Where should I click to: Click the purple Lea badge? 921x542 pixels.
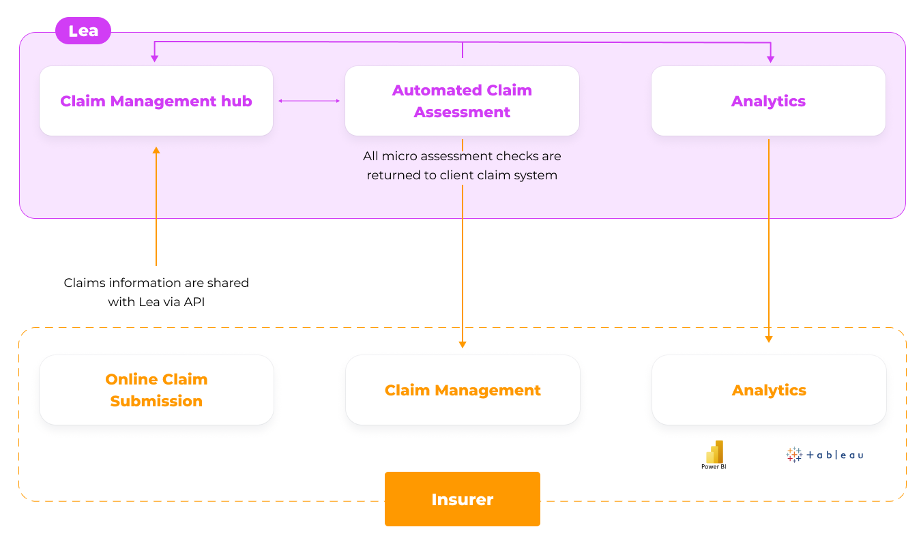pos(83,31)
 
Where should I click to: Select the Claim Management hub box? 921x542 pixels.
pos(156,101)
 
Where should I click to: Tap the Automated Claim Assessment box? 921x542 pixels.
pos(462,101)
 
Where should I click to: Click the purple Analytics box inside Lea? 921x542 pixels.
pos(768,101)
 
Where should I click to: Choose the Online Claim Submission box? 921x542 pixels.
pos(156,390)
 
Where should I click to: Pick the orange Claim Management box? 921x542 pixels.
pos(463,390)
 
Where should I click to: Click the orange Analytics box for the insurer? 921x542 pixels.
pos(769,390)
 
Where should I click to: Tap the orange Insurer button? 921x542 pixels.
pos(463,499)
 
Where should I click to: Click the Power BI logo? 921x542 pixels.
pos(714,455)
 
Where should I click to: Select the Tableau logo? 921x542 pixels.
pos(824,455)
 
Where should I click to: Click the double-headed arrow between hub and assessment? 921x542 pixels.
pos(309,101)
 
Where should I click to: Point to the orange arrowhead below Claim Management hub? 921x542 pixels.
pos(156,151)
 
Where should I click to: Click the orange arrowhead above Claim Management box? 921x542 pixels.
pos(463,345)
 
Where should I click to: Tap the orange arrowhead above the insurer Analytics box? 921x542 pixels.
pos(769,339)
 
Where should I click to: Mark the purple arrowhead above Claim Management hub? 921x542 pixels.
pos(155,59)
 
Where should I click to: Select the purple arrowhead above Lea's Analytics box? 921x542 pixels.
pos(770,59)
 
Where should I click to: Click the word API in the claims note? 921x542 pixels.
pos(194,302)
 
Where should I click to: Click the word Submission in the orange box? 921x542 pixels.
pos(156,401)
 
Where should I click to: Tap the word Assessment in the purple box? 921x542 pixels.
pos(462,112)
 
